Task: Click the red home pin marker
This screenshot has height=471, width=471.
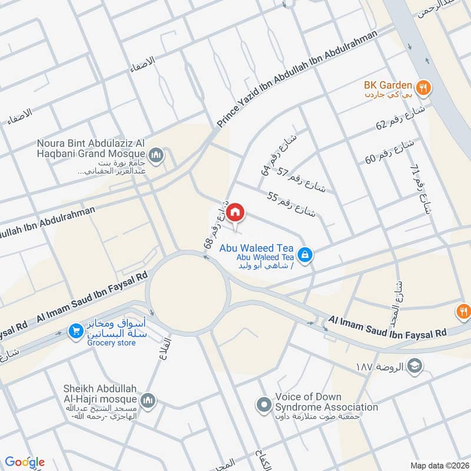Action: pyautogui.click(x=235, y=212)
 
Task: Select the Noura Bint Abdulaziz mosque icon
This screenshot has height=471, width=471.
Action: pyautogui.click(x=155, y=156)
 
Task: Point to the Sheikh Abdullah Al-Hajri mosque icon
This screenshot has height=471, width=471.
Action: pyautogui.click(x=148, y=400)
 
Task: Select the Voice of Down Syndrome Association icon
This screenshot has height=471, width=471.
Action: pyautogui.click(x=263, y=404)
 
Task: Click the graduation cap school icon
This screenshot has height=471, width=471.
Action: pyautogui.click(x=415, y=366)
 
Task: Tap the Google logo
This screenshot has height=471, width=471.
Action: pyautogui.click(x=25, y=462)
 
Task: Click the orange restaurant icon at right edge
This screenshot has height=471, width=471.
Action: pyautogui.click(x=463, y=310)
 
